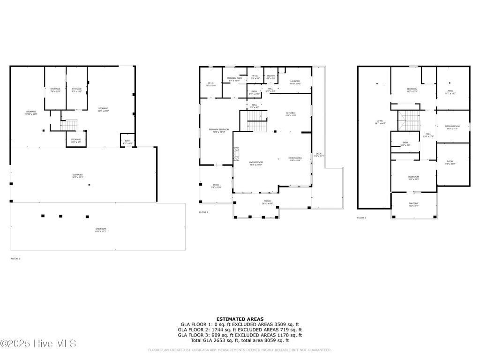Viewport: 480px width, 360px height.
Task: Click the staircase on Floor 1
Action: [x=70, y=125]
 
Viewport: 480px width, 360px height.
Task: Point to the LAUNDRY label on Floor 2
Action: [x=295, y=82]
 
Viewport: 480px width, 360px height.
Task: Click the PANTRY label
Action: [x=270, y=76]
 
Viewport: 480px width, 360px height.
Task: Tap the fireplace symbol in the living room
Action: [x=236, y=154]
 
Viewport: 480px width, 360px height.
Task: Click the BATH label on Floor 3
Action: [x=405, y=143]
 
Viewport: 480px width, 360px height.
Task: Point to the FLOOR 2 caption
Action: [x=203, y=212]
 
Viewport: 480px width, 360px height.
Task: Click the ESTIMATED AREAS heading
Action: [x=240, y=318]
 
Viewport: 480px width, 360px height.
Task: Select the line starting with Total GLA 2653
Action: [x=240, y=341]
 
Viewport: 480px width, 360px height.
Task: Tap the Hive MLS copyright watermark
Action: [x=38, y=344]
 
